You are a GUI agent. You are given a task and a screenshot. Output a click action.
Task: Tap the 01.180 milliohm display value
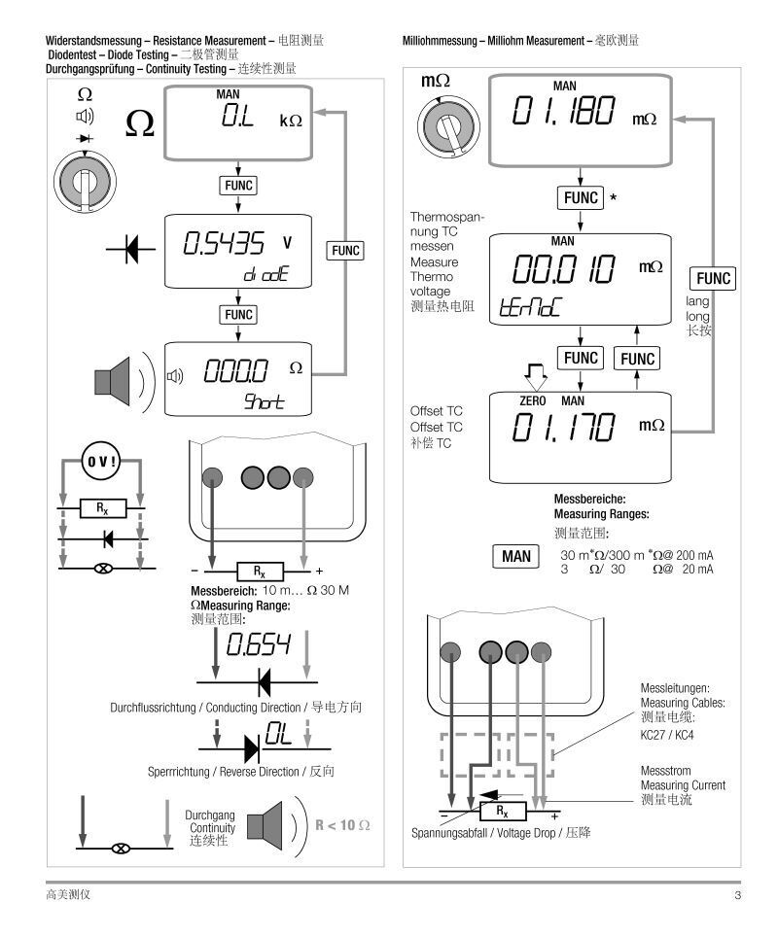561,113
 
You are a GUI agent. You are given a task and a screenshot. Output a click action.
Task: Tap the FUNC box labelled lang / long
712,279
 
